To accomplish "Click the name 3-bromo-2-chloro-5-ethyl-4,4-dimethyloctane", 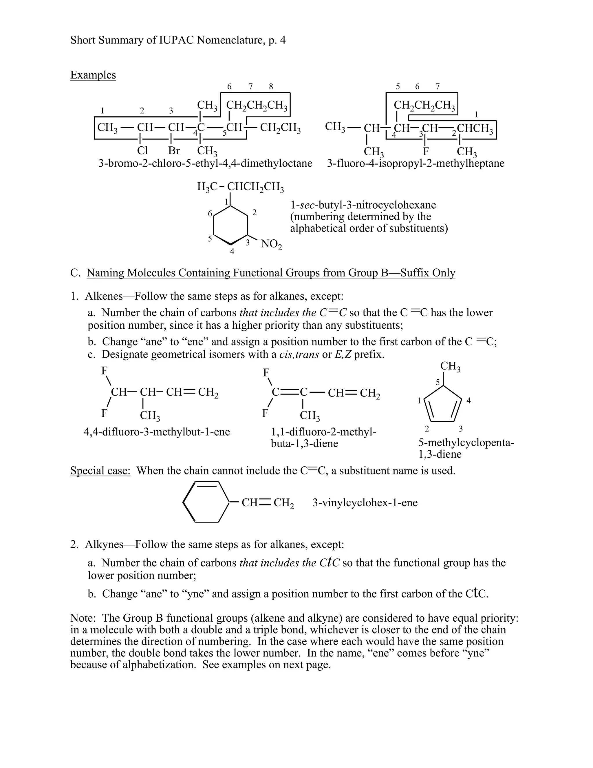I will (205, 163).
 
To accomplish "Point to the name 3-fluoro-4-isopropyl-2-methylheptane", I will (416, 163).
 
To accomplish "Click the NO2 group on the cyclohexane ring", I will (271, 244).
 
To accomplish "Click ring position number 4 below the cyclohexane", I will (232, 252).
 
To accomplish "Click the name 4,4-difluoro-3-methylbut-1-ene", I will (157, 432).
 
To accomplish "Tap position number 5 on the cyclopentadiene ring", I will (438, 382).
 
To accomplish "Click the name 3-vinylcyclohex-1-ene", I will (365, 503).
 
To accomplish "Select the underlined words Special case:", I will (100, 470).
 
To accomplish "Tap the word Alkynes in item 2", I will (104, 544).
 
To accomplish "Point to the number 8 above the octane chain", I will (271, 86).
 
